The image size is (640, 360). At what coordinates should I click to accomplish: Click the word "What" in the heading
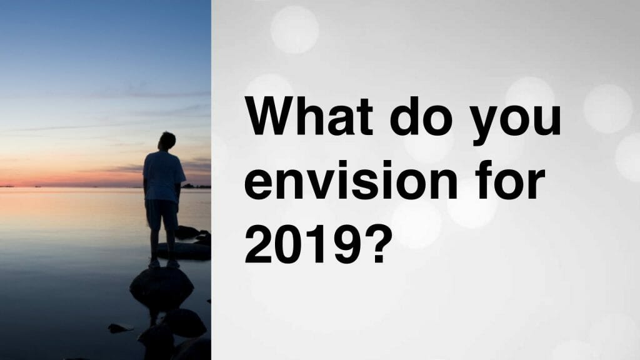click(309, 116)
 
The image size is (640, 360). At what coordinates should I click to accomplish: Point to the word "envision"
click(351, 180)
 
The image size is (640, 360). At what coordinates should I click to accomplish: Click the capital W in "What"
click(272, 116)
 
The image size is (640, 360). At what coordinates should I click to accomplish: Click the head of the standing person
click(167, 141)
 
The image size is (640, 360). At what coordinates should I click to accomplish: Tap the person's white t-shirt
click(163, 176)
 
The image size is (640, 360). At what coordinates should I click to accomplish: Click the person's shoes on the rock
click(164, 264)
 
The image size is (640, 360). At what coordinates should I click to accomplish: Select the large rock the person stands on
click(162, 287)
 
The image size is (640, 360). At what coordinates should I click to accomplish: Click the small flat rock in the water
click(121, 327)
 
